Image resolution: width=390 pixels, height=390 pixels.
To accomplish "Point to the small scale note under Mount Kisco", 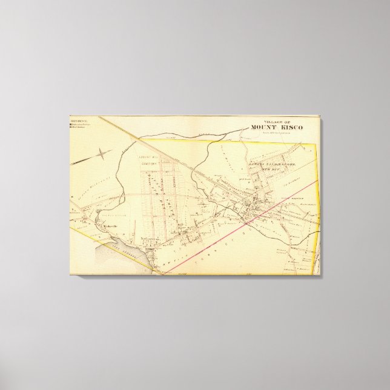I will [x=277, y=133].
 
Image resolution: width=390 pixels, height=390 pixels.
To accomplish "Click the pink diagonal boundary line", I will [x=242, y=219].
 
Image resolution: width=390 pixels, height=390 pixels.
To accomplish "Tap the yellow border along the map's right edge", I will [x=319, y=200].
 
